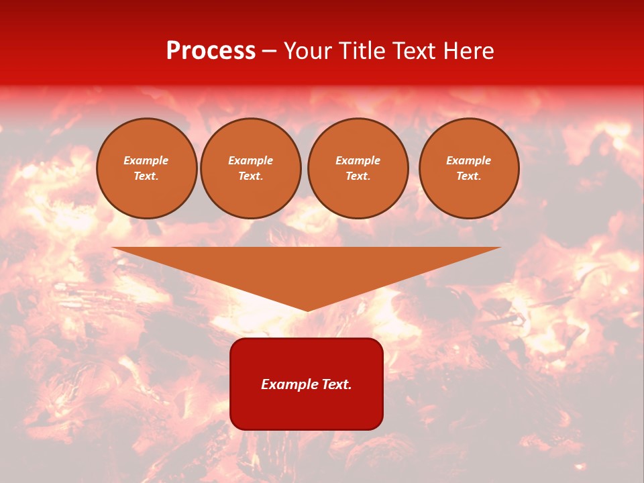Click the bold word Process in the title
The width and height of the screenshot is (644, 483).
[211, 51]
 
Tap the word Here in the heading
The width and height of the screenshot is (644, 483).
[468, 51]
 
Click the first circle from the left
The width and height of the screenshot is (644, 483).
[146, 168]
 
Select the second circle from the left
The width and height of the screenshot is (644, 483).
[250, 168]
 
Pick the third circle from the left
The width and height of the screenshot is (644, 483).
[358, 168]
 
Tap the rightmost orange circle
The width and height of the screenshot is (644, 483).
[469, 168]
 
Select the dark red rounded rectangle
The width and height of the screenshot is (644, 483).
[307, 402]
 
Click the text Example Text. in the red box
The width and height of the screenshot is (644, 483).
[307, 384]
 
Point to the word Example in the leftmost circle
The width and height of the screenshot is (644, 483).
[146, 160]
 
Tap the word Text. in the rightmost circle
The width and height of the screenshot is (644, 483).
[469, 176]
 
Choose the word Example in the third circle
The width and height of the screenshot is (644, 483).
[358, 160]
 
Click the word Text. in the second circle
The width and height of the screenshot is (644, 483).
[250, 176]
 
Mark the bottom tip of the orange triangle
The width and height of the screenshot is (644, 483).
[307, 310]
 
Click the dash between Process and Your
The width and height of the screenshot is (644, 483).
[269, 52]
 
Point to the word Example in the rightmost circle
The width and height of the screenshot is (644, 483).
[469, 160]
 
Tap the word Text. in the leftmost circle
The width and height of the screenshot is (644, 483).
[146, 176]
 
